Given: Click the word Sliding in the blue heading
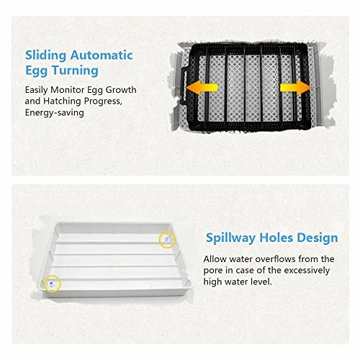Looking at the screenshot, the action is coord(45,56).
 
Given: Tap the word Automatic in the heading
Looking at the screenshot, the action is coord(102,55).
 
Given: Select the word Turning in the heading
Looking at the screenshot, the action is coord(75,71).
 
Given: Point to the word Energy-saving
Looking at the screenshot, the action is coord(55,113).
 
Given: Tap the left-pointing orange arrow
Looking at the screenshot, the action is coord(202,88).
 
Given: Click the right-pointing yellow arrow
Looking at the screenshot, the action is coord(296,88).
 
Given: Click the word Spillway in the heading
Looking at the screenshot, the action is coord(231,238).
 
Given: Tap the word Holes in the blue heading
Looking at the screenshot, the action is coord(276,238).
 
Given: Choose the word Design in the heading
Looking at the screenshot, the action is coord(318,238).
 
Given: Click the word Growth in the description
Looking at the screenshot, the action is coord(121,90).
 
